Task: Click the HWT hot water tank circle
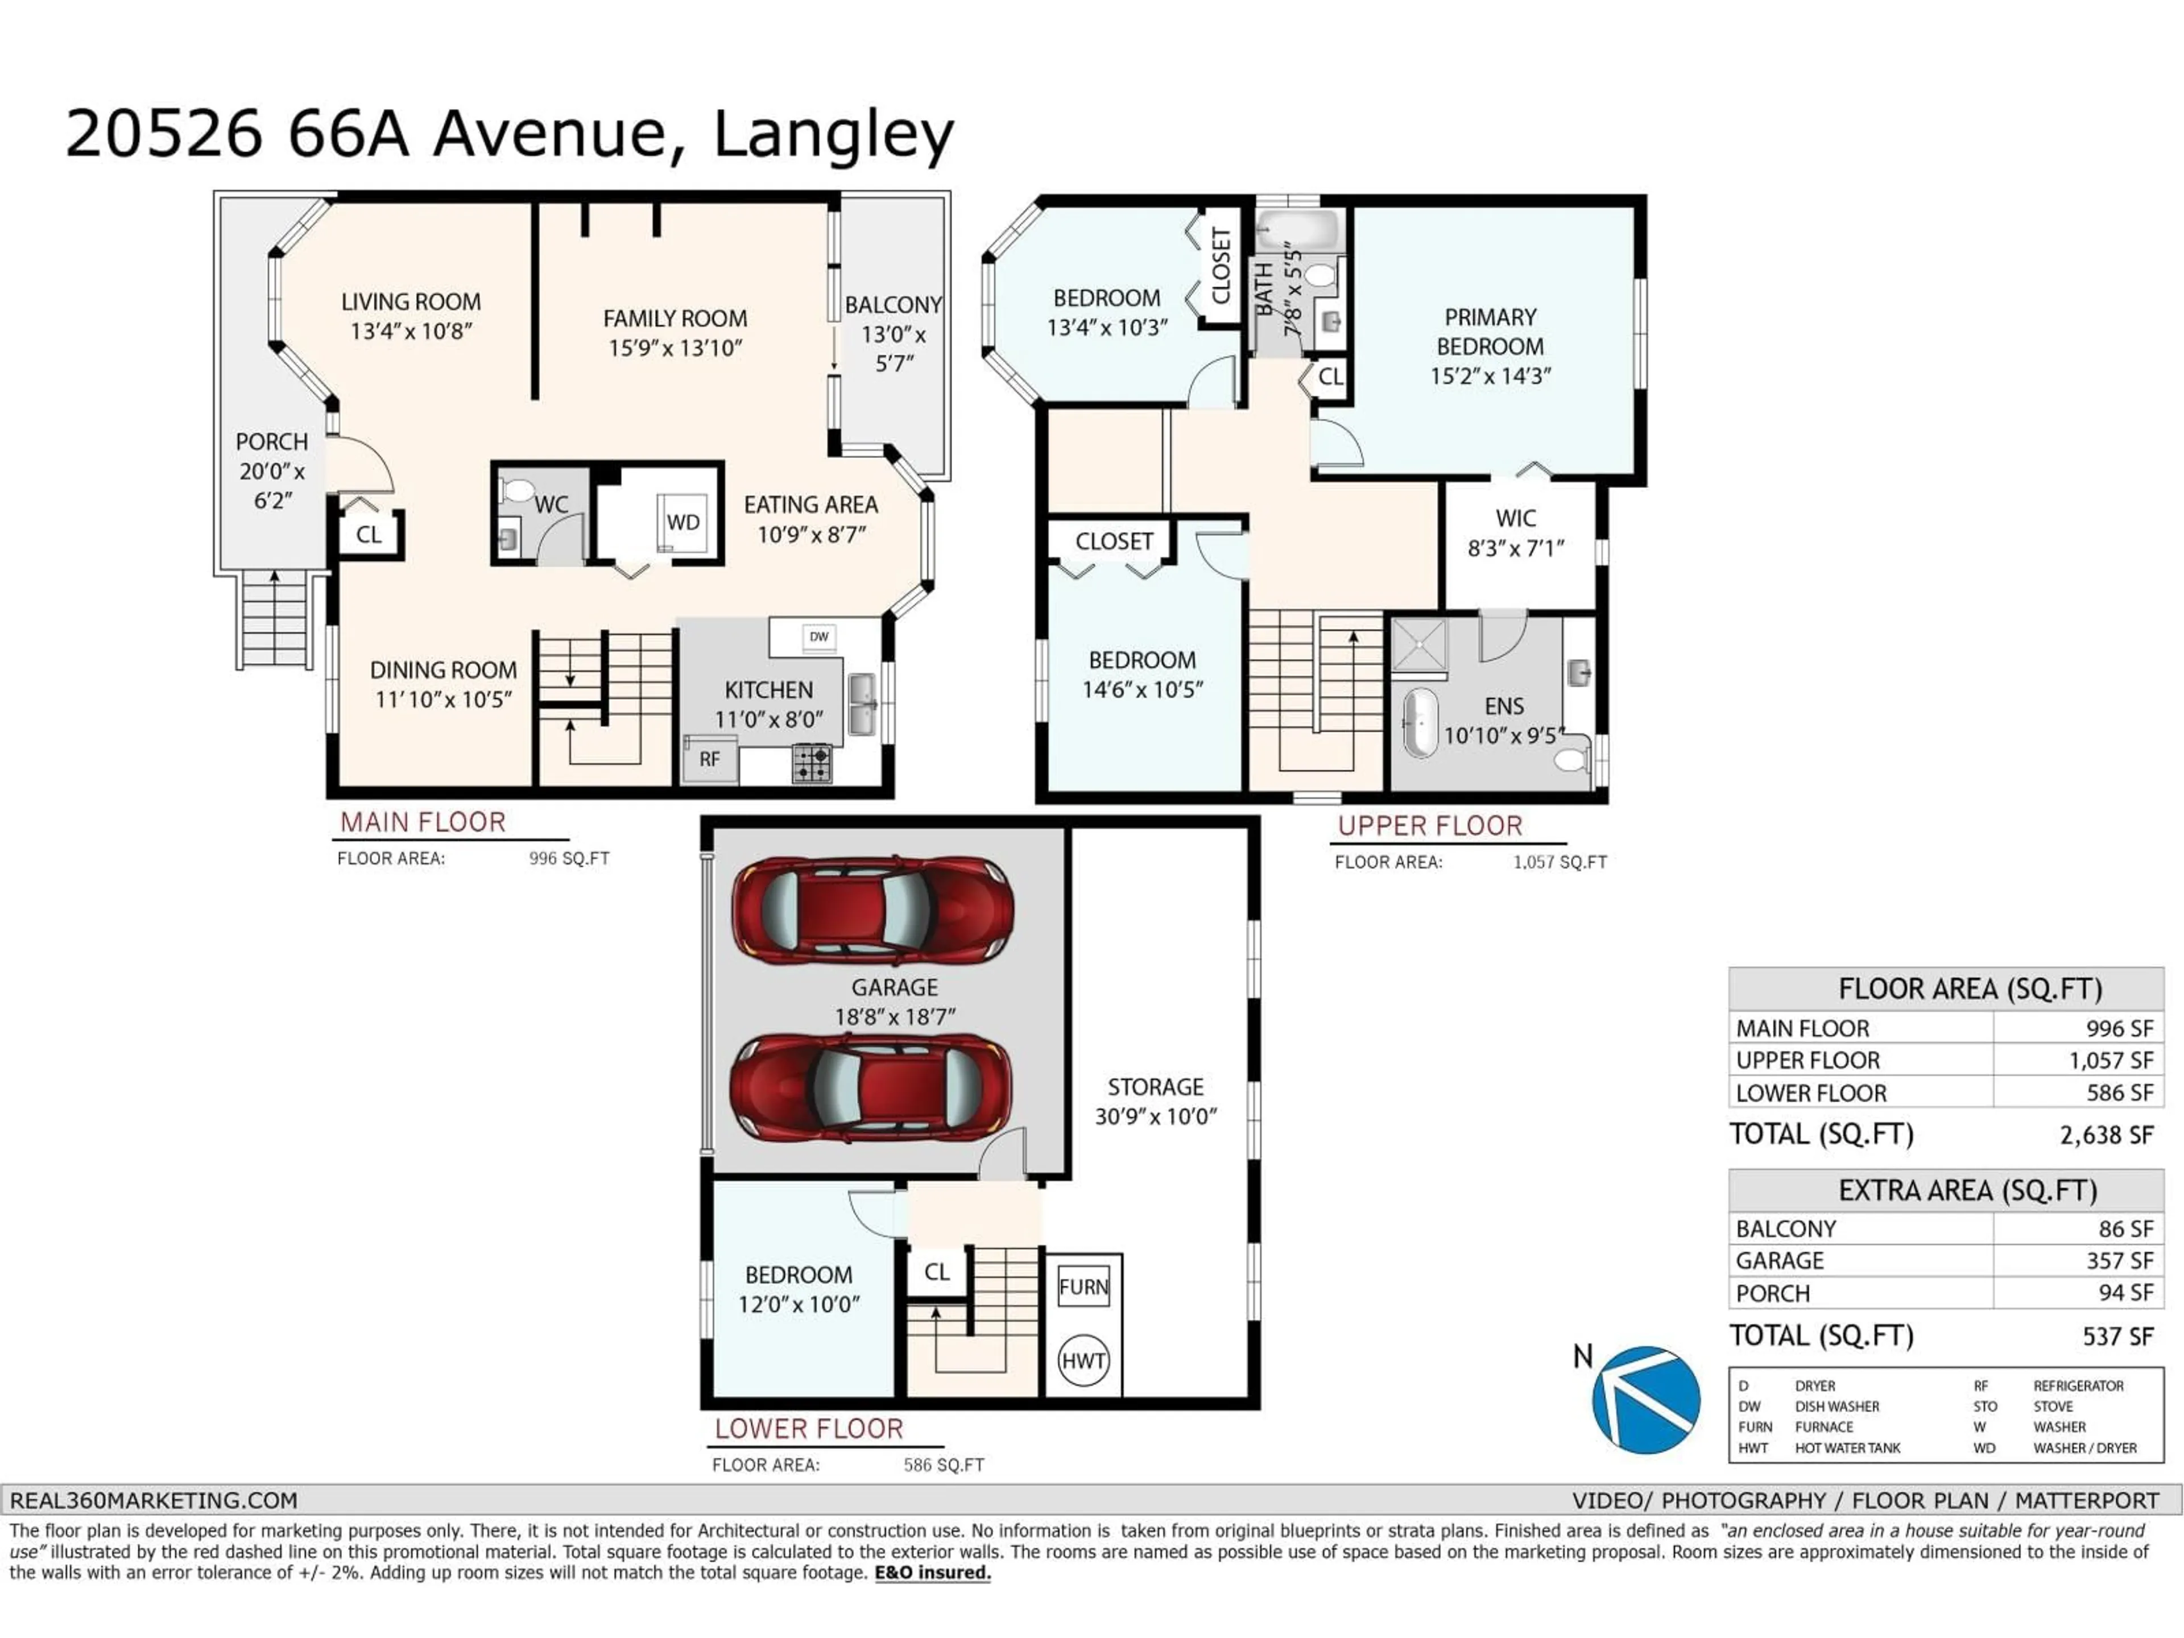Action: [x=1083, y=1360]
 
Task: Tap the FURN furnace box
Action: [x=1083, y=1287]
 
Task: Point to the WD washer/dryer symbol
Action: [x=682, y=522]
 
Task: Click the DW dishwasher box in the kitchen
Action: [x=818, y=637]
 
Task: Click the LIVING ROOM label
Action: [x=411, y=302]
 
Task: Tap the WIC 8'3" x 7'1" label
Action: [x=1516, y=533]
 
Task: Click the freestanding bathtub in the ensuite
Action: [x=1420, y=723]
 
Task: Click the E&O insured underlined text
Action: [x=932, y=1573]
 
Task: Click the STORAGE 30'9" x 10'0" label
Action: [x=1155, y=1101]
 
